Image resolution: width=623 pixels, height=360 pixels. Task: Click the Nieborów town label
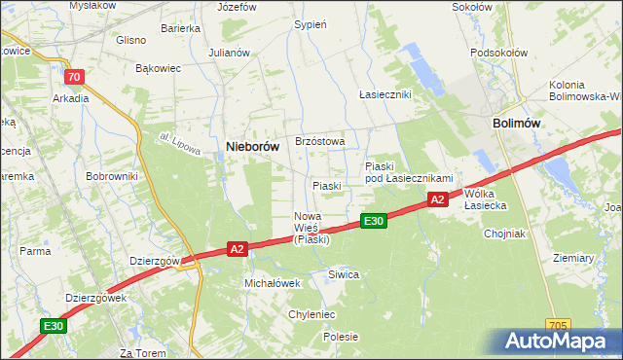click(253, 147)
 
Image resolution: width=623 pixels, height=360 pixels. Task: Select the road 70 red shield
click(74, 77)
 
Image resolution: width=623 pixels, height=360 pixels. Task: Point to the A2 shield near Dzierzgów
click(237, 250)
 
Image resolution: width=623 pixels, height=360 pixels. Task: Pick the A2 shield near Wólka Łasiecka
click(438, 199)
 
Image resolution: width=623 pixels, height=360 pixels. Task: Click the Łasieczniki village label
click(385, 94)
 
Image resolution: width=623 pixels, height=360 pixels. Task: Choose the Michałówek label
click(272, 282)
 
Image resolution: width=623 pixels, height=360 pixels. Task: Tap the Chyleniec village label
click(311, 314)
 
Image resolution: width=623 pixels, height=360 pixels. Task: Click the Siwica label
click(344, 274)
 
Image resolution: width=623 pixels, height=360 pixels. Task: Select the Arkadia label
click(71, 98)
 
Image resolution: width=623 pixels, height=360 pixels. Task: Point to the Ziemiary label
click(572, 258)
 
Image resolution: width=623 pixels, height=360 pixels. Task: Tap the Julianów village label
click(229, 53)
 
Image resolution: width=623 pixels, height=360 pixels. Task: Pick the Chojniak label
click(503, 234)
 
